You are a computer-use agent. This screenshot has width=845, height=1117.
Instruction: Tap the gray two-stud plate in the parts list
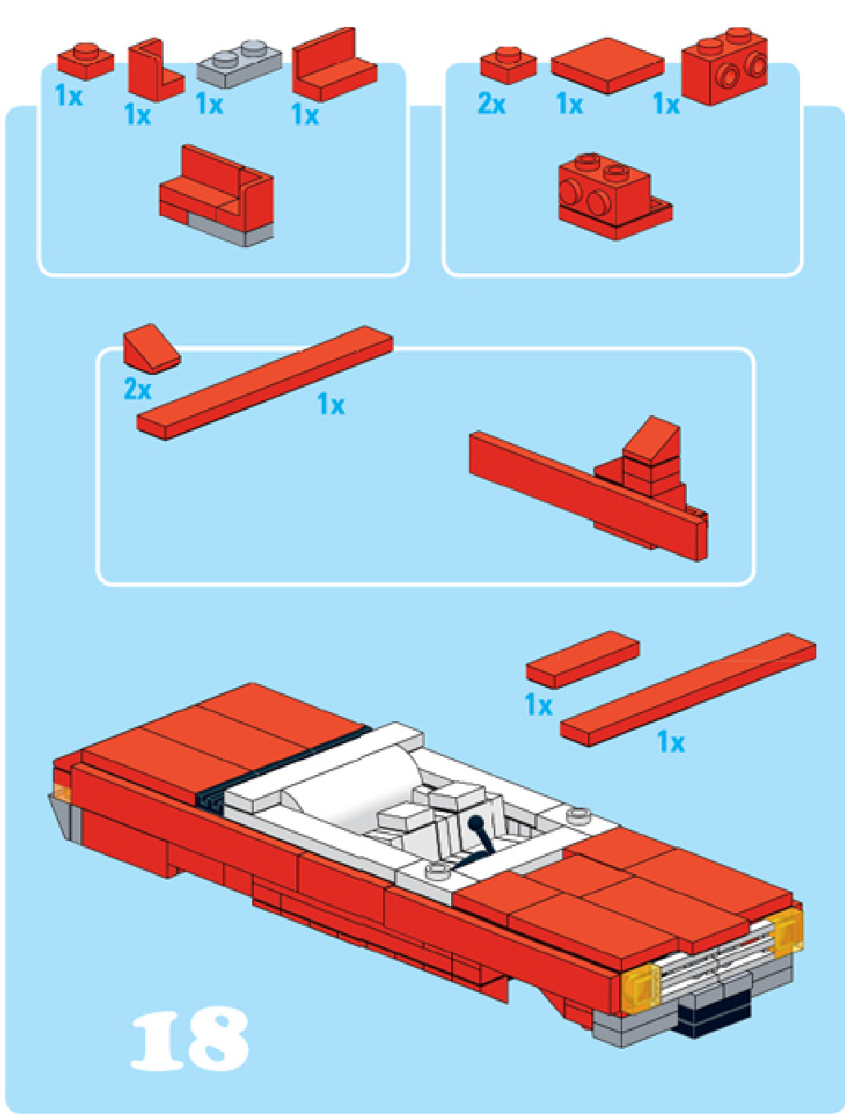pyautogui.click(x=239, y=63)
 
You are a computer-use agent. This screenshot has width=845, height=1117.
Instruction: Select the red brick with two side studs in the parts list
pyautogui.click(x=724, y=66)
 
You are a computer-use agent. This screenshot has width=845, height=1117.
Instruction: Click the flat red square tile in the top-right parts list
pyautogui.click(x=608, y=65)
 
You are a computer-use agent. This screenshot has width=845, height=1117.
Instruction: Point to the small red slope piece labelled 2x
pyautogui.click(x=151, y=349)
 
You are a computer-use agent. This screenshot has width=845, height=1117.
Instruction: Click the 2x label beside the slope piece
pyautogui.click(x=138, y=390)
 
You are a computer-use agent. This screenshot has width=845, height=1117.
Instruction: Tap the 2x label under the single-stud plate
pyautogui.click(x=491, y=104)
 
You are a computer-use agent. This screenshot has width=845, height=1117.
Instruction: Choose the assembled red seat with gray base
pyautogui.click(x=216, y=196)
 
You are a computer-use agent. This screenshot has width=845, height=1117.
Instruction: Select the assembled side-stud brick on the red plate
pyautogui.click(x=615, y=196)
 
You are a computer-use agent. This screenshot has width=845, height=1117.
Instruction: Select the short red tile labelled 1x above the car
pyautogui.click(x=583, y=660)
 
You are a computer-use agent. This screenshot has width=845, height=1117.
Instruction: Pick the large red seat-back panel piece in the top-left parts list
pyautogui.click(x=334, y=65)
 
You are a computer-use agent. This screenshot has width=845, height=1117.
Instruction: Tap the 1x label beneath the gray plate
pyautogui.click(x=210, y=104)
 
